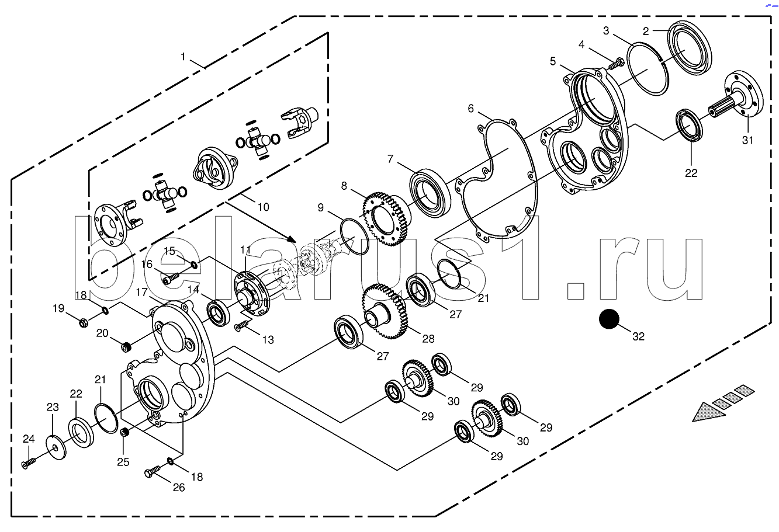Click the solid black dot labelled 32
coord(609,319)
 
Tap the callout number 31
coord(748,140)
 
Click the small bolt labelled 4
coord(616,64)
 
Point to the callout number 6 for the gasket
coord(470,109)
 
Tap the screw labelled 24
coord(28,463)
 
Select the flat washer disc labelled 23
coord(56,447)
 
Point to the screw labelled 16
coord(170,278)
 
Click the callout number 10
coord(263,207)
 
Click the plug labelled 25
coord(124,433)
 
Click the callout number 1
coord(184,56)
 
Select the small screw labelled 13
coord(241,326)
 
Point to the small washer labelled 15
coord(194,265)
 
